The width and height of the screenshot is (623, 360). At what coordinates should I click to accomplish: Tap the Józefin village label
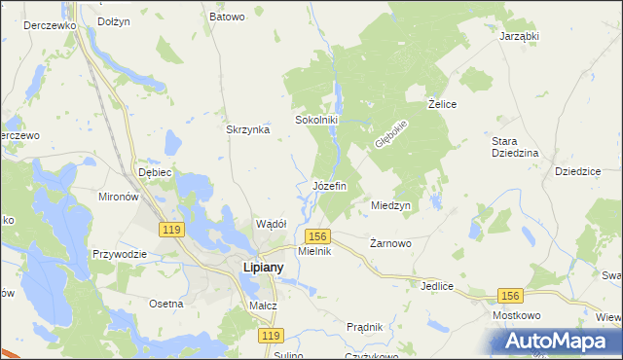click(x=330, y=186)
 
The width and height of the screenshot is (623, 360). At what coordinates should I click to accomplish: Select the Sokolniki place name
click(x=316, y=121)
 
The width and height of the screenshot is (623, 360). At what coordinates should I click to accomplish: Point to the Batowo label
click(x=227, y=17)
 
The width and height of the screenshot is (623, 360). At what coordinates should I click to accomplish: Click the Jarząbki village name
click(x=519, y=36)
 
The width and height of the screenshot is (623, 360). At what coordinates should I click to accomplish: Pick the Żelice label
click(x=443, y=103)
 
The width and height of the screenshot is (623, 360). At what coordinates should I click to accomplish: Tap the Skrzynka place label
click(x=247, y=130)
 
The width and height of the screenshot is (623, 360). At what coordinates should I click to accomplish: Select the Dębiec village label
click(x=155, y=172)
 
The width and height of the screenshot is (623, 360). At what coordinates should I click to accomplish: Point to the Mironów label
click(x=120, y=196)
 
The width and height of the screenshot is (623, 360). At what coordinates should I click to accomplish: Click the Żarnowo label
click(x=392, y=244)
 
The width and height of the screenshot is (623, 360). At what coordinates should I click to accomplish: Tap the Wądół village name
click(x=270, y=224)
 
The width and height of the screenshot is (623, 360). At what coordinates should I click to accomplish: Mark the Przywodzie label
click(x=119, y=254)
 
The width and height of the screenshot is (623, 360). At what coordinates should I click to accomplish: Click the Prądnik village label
click(x=363, y=327)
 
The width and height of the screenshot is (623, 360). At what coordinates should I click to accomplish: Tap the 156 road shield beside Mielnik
click(x=317, y=236)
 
